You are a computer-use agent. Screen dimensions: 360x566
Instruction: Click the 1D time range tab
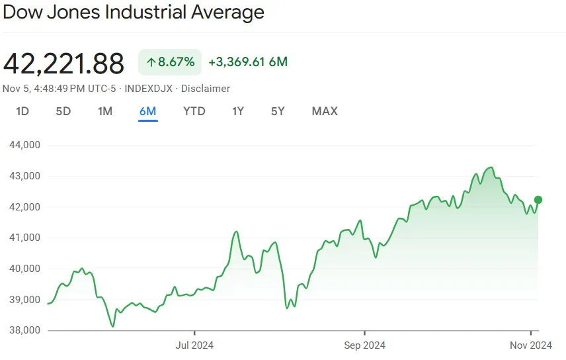[x=22, y=111]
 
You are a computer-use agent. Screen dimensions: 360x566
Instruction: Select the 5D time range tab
[x=63, y=111]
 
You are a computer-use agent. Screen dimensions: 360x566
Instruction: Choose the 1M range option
[x=105, y=111]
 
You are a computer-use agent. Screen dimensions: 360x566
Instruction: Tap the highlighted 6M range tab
[x=147, y=111]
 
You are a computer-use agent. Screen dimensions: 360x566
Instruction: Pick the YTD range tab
[x=194, y=111]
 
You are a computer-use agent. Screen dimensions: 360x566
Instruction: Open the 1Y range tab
[x=238, y=111]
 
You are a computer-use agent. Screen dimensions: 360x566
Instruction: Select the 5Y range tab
[x=278, y=111]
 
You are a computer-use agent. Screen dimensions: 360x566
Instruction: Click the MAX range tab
[x=325, y=111]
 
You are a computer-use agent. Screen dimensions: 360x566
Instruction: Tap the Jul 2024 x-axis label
[x=194, y=345]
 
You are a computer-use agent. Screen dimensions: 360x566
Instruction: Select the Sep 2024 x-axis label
[x=364, y=345]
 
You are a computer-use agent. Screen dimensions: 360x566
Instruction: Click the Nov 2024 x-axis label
[x=531, y=345]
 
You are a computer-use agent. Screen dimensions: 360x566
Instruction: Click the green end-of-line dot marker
[x=538, y=200]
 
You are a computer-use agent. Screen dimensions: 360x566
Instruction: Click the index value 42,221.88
[x=64, y=64]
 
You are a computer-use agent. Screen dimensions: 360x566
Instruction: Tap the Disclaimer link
[x=206, y=89]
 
